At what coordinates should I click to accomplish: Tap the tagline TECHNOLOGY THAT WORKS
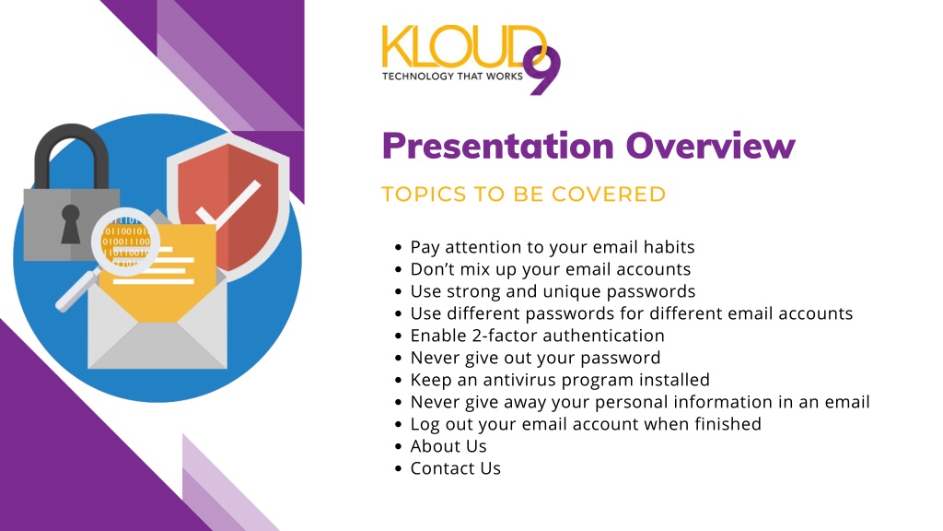coord(452,77)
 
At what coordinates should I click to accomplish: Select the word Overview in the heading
coord(710,146)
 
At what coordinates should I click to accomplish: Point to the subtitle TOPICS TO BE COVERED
coord(524,194)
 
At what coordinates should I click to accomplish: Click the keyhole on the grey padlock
coord(70,223)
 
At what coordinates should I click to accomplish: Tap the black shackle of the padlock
coord(72,156)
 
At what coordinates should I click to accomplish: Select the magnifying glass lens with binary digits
coord(125,242)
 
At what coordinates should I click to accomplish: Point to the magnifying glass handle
coord(78,289)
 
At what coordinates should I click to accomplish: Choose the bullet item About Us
coord(448,446)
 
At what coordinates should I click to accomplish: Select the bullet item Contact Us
coord(455,468)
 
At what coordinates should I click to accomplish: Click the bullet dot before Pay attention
coord(398,247)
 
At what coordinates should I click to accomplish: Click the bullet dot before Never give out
coord(398,359)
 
